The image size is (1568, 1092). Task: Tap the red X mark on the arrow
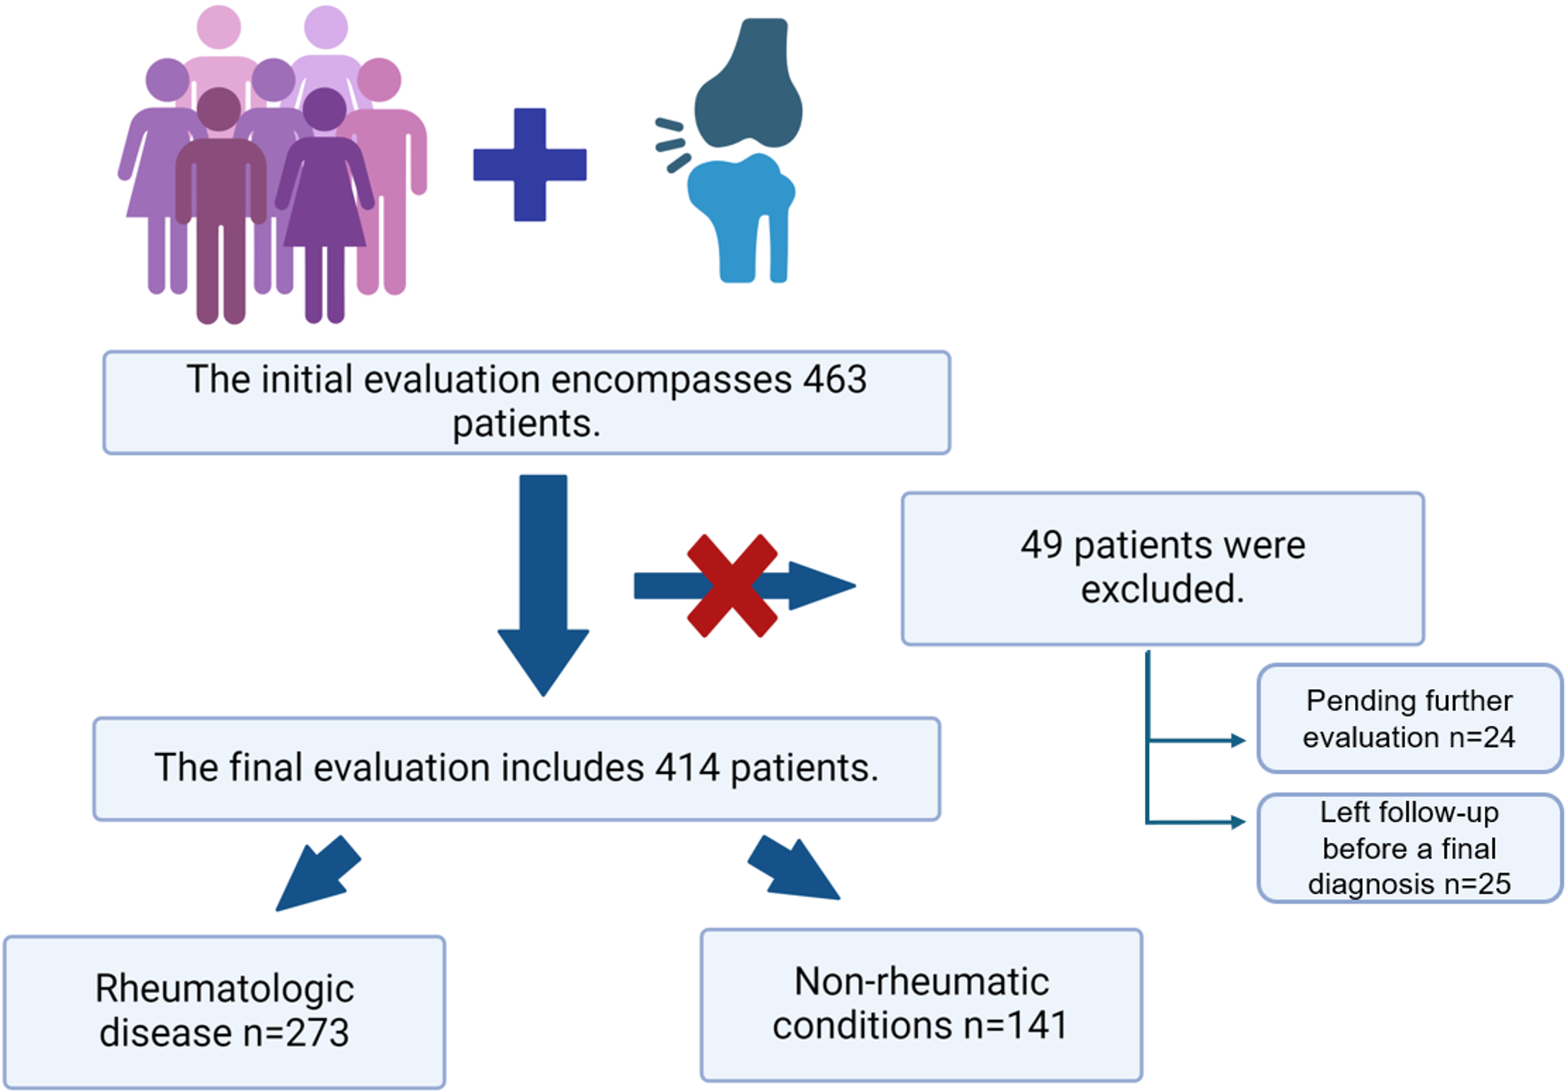coord(732,586)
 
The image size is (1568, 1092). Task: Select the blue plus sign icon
coord(530,164)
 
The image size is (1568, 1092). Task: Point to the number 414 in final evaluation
coord(687,768)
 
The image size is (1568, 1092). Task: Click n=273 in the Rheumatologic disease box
coord(296,1033)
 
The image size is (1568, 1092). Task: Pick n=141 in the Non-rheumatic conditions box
coord(1016,1026)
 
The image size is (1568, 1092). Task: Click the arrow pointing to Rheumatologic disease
coord(317,875)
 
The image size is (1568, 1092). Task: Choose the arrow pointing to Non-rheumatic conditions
coord(794,870)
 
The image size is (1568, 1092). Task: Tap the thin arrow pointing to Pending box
coord(1198,741)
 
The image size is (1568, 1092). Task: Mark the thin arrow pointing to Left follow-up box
coord(1198,822)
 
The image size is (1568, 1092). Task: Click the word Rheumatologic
coord(224,989)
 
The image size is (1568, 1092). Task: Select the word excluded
coord(1162,590)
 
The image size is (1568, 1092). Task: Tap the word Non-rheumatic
coord(921,982)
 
